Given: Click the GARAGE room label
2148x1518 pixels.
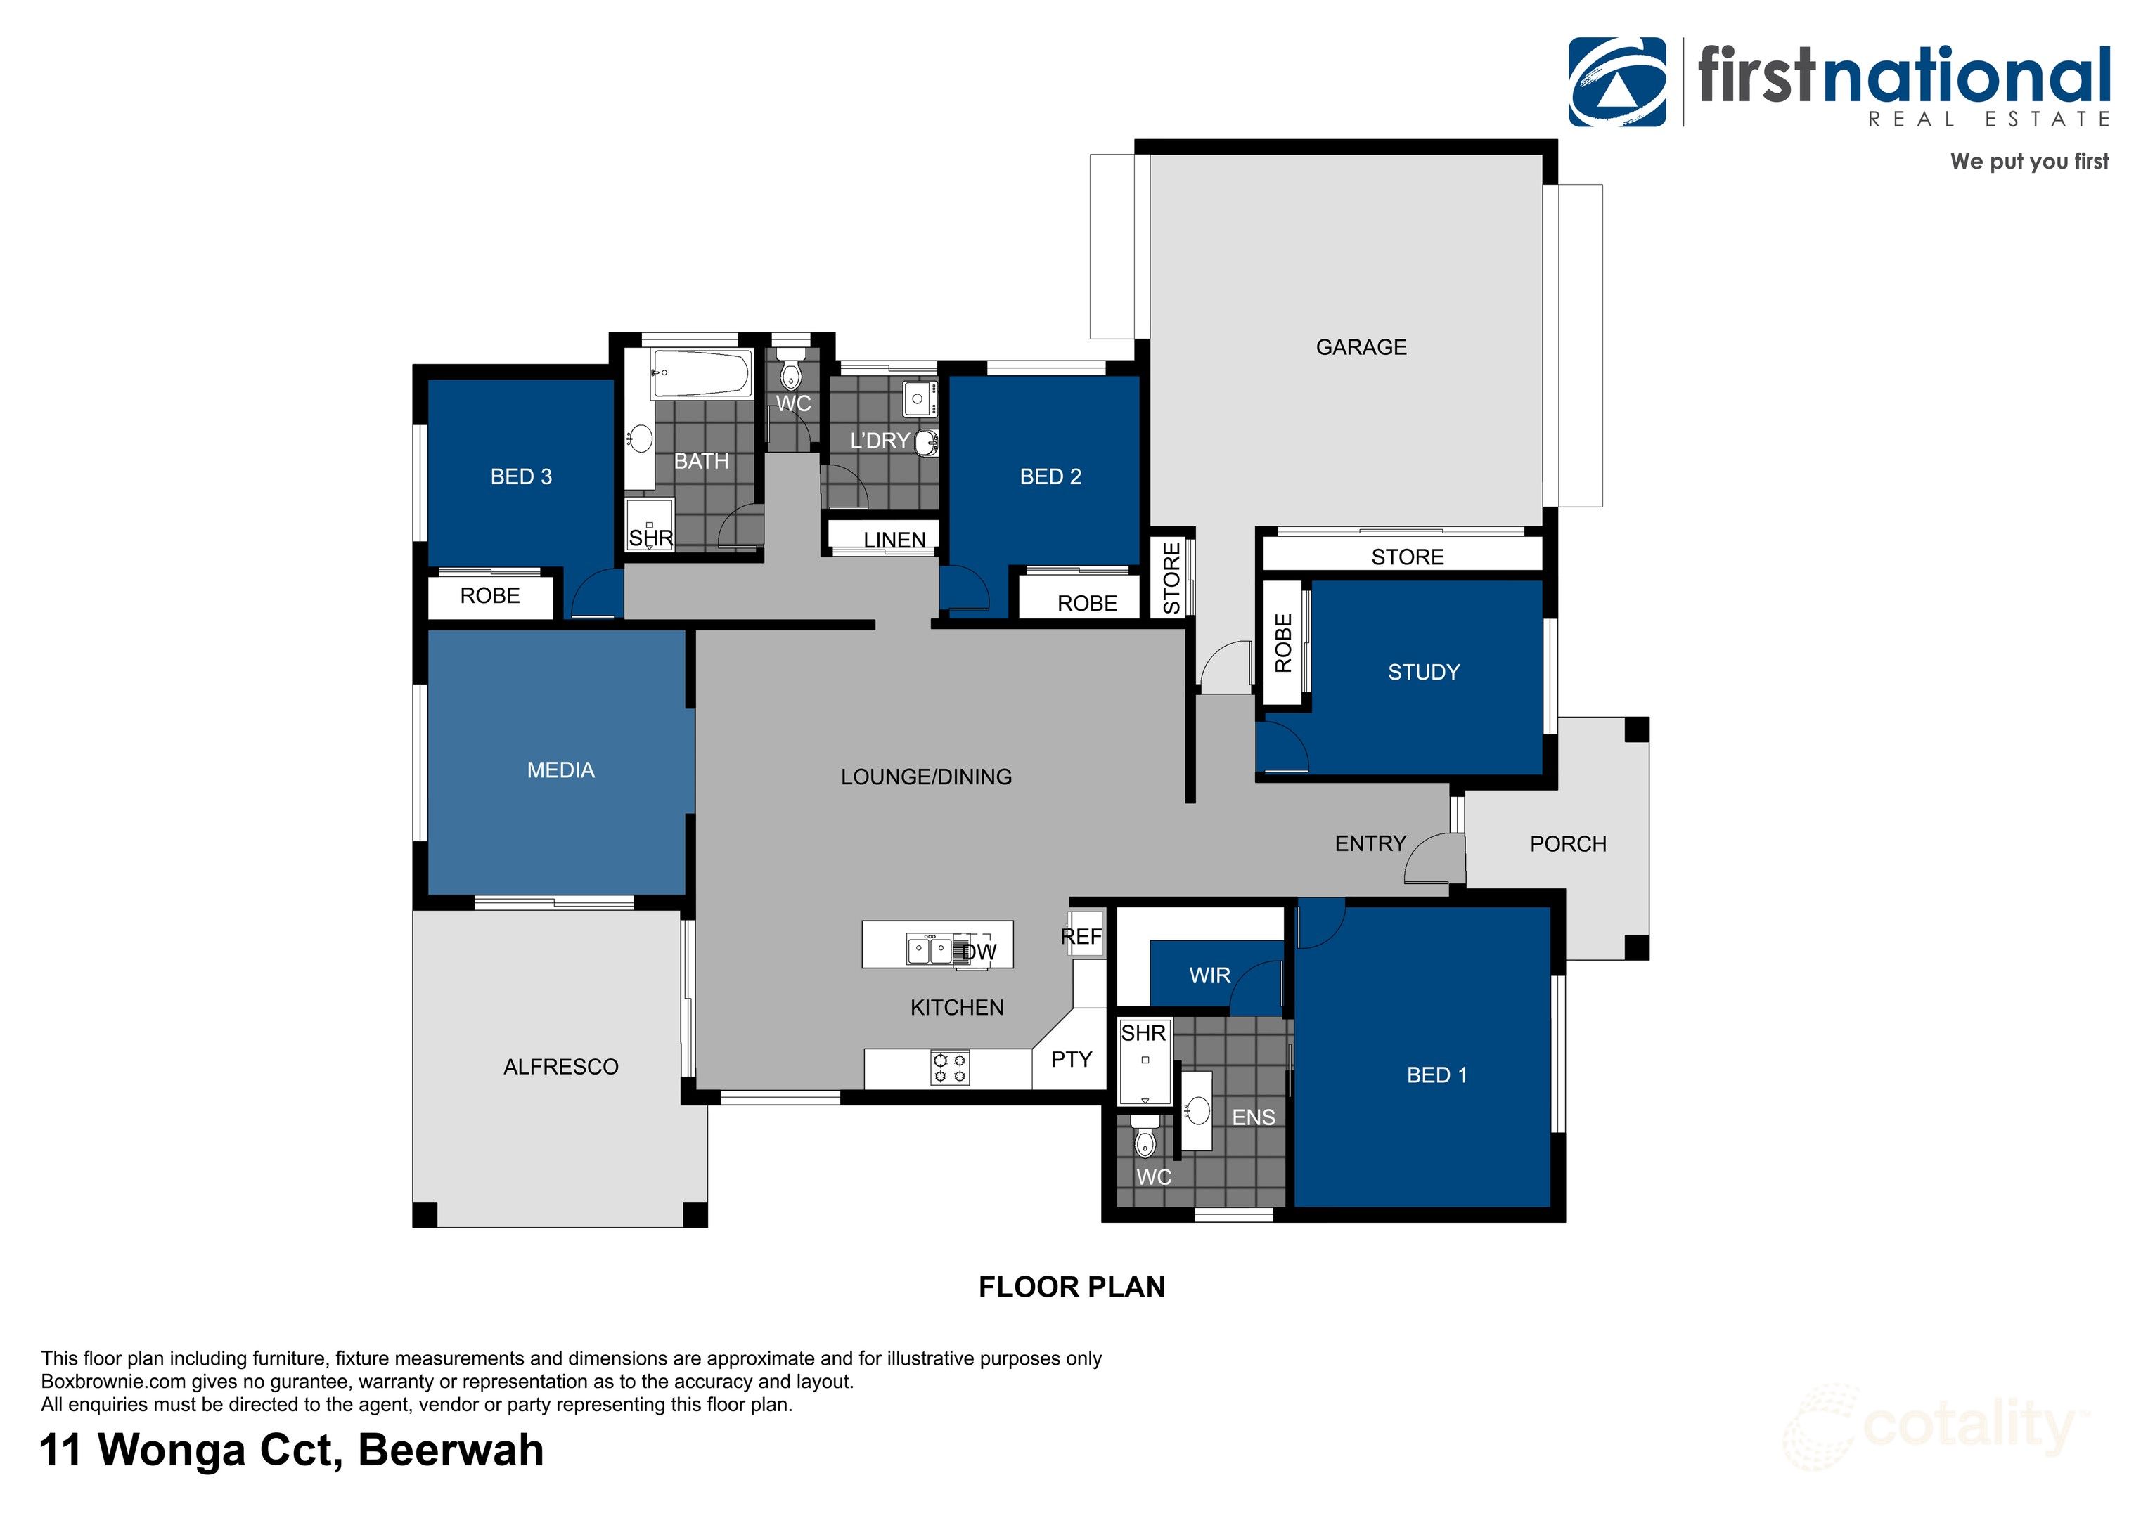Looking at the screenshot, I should click(x=1361, y=347).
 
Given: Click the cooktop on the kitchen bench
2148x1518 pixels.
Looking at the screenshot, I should click(x=950, y=1068).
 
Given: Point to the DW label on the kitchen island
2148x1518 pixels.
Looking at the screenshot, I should click(x=979, y=952).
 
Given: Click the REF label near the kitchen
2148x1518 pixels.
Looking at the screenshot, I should click(x=1081, y=936).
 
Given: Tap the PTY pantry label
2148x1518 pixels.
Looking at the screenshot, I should click(x=1072, y=1059).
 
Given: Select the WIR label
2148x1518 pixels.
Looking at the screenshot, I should click(x=1209, y=975).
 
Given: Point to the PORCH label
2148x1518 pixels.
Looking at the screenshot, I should click(x=1568, y=843).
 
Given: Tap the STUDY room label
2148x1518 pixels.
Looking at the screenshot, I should click(x=1423, y=672).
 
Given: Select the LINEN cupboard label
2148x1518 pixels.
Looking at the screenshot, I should click(x=894, y=540).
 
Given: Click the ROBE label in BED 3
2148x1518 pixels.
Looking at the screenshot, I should click(x=489, y=596).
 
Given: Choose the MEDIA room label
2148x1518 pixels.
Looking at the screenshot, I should click(x=560, y=770).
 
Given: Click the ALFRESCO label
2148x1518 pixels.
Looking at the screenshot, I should click(x=560, y=1066).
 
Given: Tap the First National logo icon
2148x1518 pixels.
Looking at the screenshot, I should click(x=1616, y=82).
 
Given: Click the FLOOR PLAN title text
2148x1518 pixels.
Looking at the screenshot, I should click(x=1072, y=1287).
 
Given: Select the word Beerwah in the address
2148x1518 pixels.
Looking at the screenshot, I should click(x=450, y=1451).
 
